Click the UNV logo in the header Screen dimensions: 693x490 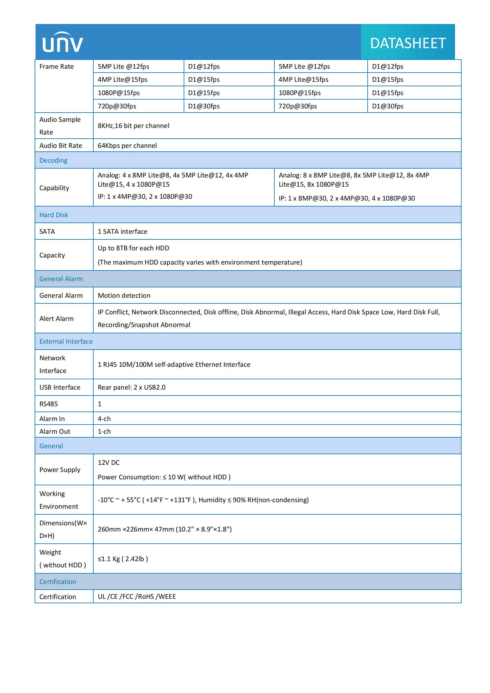(63, 43)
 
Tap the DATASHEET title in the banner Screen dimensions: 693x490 (408, 43)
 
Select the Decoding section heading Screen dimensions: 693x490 (53, 160)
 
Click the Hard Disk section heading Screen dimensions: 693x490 (54, 215)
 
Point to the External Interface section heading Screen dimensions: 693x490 (66, 341)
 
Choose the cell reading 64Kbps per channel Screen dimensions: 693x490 (127, 145)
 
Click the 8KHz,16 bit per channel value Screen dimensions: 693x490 (133, 126)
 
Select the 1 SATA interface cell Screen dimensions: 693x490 (123, 231)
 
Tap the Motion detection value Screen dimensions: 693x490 (124, 295)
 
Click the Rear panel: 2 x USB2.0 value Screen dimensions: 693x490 (132, 387)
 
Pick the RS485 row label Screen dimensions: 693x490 (49, 404)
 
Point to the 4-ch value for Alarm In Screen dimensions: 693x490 (104, 419)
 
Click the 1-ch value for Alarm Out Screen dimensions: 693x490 (104, 431)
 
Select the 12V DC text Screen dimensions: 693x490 (109, 462)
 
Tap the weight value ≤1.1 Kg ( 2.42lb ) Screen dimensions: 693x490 (123, 559)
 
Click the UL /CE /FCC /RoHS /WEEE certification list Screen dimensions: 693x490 (137, 596)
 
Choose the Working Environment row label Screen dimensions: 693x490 (59, 500)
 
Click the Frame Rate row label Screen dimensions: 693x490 (56, 66)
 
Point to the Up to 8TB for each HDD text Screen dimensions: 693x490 (133, 248)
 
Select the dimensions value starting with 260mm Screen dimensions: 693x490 (164, 529)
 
